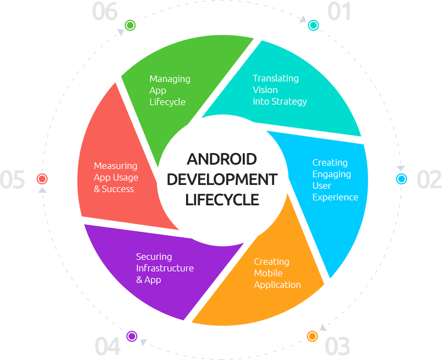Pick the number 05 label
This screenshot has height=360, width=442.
pyautogui.click(x=13, y=180)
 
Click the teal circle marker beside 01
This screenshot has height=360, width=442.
pyautogui.click(x=313, y=25)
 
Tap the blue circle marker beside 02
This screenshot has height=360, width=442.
pyautogui.click(x=401, y=179)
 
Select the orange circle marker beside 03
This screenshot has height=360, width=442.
pyautogui.click(x=312, y=335)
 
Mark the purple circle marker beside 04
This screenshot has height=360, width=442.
pyautogui.click(x=131, y=335)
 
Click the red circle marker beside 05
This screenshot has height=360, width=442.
pyautogui.click(x=42, y=179)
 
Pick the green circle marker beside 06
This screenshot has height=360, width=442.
pyautogui.click(x=130, y=25)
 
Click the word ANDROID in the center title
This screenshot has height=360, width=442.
pyautogui.click(x=222, y=160)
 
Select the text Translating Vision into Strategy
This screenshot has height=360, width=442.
pyautogui.click(x=280, y=90)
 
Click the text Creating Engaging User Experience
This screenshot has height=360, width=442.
pyautogui.click(x=335, y=179)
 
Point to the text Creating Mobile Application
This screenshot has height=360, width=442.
pyautogui.click(x=277, y=273)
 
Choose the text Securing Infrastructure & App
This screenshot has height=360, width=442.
pyautogui.click(x=165, y=268)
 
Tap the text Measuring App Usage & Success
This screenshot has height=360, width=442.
pyautogui.click(x=116, y=177)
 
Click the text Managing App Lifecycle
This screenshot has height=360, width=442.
pyautogui.click(x=170, y=90)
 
